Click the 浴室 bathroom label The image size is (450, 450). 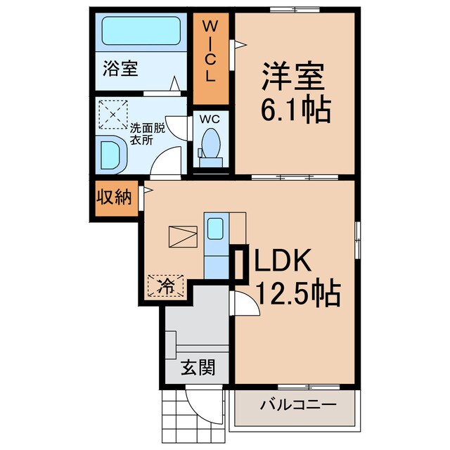coord(120,69)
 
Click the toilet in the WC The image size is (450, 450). coord(211,144)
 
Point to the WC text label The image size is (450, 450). coord(210,119)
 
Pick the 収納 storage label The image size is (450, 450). coord(115,198)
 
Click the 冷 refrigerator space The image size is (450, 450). coord(165,286)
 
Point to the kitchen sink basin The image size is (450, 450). coord(217,229)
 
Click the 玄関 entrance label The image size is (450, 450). coord(196,368)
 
